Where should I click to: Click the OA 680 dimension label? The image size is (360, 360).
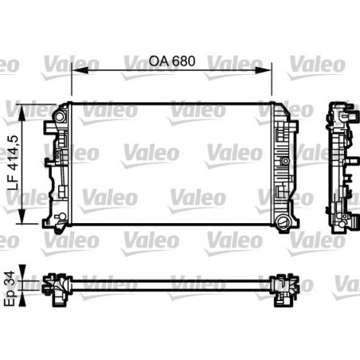pyautogui.click(x=172, y=61)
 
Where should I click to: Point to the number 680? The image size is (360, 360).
pyautogui.click(x=182, y=61)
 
